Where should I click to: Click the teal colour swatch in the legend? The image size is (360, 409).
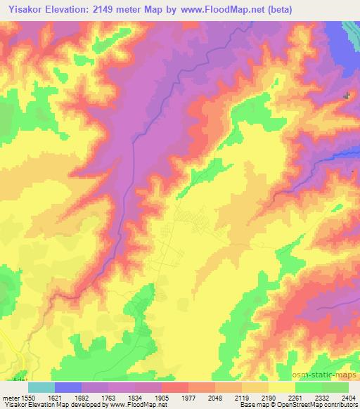click(x=41, y=387)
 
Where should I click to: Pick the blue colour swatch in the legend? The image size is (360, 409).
click(x=68, y=387)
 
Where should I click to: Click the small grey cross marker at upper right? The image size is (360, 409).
click(x=346, y=95)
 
